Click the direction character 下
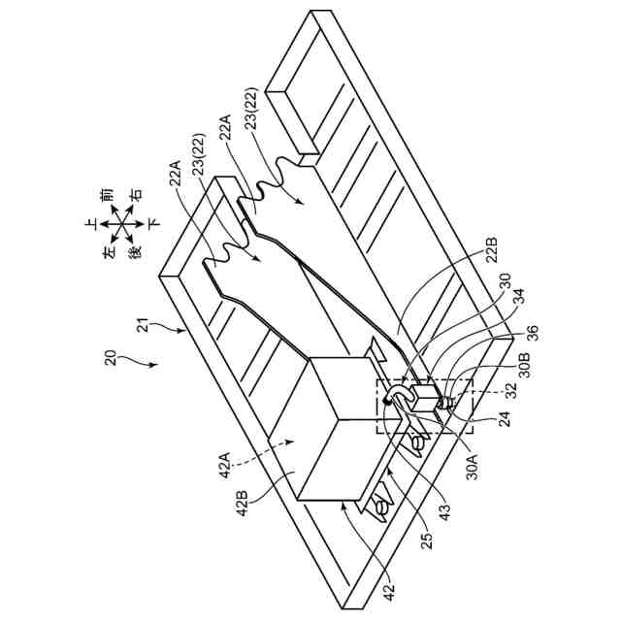[154, 224]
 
